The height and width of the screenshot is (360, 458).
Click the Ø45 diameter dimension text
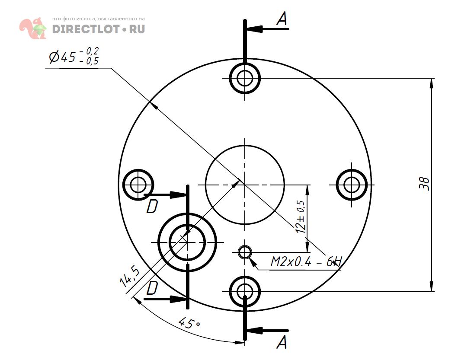pyautogui.click(x=74, y=56)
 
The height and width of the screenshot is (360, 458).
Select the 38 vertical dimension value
pyautogui.click(x=425, y=184)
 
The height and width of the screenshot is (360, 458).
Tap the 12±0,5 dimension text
pyautogui.click(x=301, y=217)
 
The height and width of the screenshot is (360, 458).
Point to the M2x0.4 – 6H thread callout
pyautogui.click(x=305, y=261)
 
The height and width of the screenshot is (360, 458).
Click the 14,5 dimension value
pyautogui.click(x=129, y=276)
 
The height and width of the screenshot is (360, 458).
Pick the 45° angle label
pyautogui.click(x=189, y=323)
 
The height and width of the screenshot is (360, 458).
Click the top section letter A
pyautogui.click(x=282, y=19)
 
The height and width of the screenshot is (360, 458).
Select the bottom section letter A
pyautogui.click(x=282, y=342)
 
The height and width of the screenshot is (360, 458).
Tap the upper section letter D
pyautogui.click(x=152, y=206)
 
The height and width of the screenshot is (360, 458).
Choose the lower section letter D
pyautogui.click(x=152, y=288)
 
